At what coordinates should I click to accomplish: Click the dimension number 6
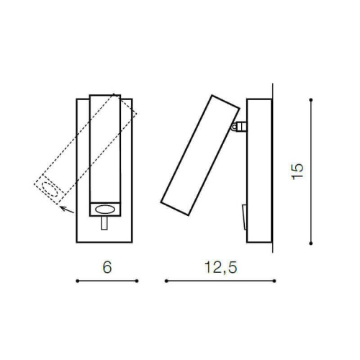tap(107, 267)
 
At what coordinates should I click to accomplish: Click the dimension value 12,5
tap(221, 268)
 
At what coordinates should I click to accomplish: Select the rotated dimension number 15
tap(297, 171)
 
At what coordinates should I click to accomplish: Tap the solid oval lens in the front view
tap(105, 210)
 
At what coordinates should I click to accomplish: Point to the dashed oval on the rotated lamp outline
tap(50, 189)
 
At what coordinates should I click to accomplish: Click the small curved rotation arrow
tap(67, 210)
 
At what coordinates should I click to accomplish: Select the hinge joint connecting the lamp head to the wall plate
tap(238, 127)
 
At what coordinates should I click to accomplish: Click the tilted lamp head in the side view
tap(200, 156)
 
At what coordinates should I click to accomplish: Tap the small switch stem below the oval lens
tap(104, 223)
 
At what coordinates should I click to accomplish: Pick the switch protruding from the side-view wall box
tap(244, 217)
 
